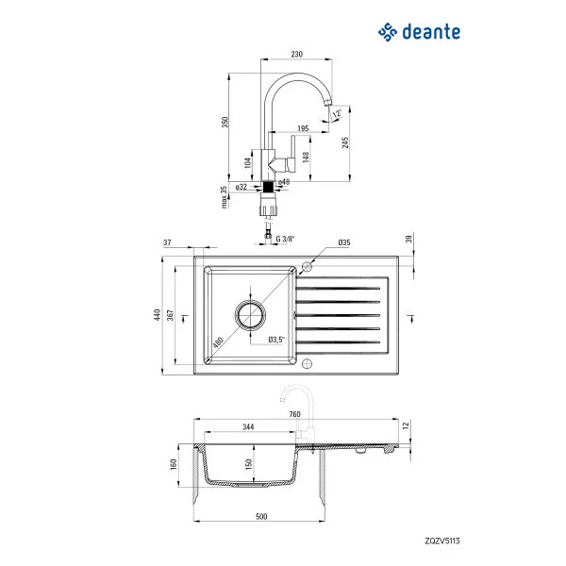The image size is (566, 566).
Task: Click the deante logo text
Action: (432, 32)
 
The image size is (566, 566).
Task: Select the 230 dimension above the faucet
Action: (297, 55)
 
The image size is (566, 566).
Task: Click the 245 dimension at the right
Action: (346, 142)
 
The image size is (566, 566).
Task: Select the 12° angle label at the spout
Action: (337, 114)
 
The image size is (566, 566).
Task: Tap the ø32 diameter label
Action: (241, 188)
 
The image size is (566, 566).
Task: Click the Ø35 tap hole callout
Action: (344, 243)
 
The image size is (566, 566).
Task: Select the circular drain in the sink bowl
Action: (253, 315)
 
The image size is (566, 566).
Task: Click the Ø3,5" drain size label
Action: (276, 339)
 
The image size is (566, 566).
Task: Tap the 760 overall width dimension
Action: (294, 414)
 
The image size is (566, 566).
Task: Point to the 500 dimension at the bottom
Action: (261, 516)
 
